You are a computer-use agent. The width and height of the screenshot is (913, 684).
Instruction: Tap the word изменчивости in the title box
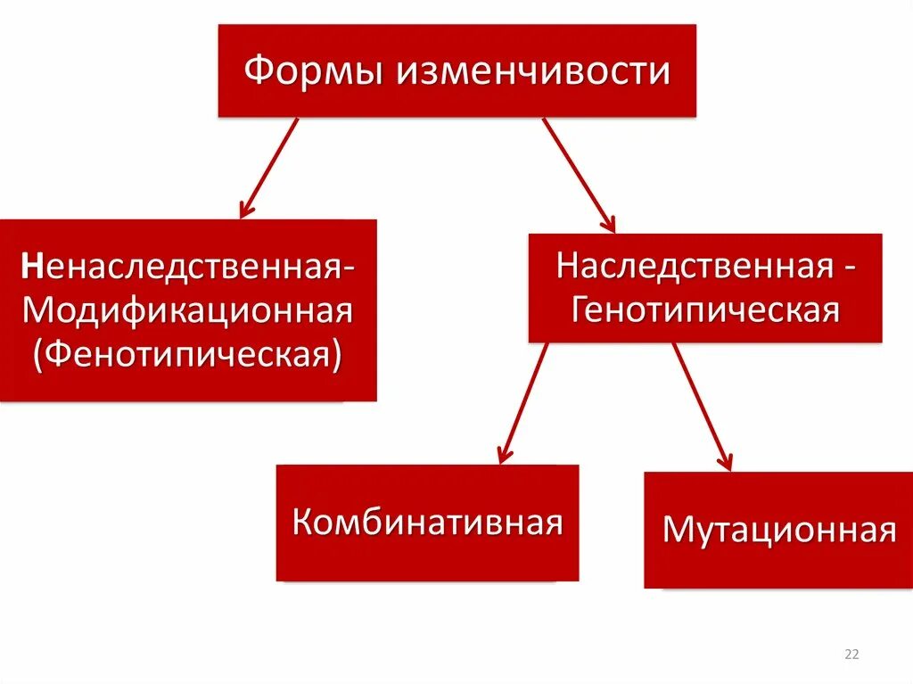click(534, 70)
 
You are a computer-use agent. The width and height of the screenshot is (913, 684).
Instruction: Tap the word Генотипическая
click(705, 309)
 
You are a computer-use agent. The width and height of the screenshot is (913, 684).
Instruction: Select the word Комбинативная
click(427, 521)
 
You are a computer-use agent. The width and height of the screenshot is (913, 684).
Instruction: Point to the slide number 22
click(851, 655)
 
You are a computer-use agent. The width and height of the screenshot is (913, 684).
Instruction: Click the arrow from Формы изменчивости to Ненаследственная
click(268, 168)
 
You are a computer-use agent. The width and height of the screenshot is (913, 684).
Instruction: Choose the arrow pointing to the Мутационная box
click(703, 406)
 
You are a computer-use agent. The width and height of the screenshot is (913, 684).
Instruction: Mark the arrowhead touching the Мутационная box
click(726, 461)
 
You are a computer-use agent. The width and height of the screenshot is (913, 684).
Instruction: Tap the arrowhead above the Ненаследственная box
click(246, 210)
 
